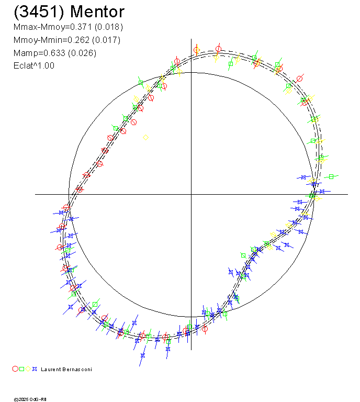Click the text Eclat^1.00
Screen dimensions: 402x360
click(x=33, y=65)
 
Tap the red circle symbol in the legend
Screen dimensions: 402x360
click(x=15, y=369)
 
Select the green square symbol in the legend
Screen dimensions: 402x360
click(x=21, y=369)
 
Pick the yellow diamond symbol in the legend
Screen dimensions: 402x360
click(x=28, y=369)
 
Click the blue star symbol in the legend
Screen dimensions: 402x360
click(x=34, y=369)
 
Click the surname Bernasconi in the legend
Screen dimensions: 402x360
click(x=77, y=370)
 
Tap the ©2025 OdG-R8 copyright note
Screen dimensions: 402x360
click(x=29, y=399)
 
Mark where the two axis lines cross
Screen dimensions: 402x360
click(x=191, y=194)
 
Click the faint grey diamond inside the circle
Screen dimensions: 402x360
click(x=145, y=137)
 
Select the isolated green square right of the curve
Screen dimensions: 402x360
click(x=331, y=177)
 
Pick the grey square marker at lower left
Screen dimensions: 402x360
click(x=95, y=304)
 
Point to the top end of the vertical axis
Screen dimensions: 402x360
click(x=191, y=40)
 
